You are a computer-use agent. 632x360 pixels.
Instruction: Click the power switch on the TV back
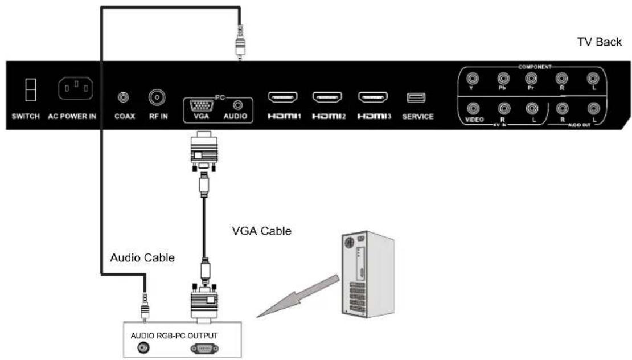(27, 89)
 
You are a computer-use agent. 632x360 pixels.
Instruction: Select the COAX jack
(121, 97)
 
